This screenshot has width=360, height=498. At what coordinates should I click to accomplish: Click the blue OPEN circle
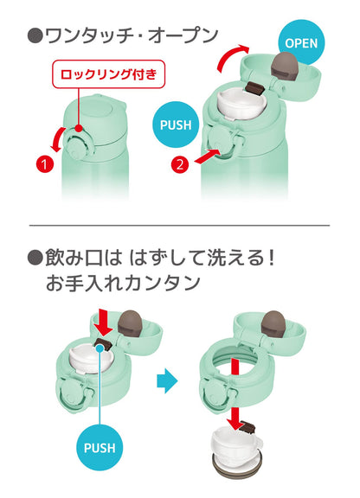tap(301, 42)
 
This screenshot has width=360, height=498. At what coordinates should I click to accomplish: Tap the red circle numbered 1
tap(44, 164)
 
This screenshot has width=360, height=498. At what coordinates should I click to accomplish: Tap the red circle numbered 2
tap(180, 164)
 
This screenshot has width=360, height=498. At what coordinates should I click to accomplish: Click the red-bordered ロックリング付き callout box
tap(108, 74)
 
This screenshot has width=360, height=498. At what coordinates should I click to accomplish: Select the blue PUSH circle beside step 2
tap(176, 124)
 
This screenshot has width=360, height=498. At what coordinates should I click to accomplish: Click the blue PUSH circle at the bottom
tap(100, 448)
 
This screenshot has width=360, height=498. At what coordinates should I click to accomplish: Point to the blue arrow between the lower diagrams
tap(167, 380)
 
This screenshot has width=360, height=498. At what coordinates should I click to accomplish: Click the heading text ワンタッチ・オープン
tap(131, 35)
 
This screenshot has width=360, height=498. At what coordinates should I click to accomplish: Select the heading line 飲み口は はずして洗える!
tap(159, 258)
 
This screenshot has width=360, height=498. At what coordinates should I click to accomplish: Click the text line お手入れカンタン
tap(124, 283)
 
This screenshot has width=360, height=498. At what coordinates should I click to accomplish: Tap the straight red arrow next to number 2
tap(207, 156)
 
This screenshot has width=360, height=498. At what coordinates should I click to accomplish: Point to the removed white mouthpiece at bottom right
tap(237, 448)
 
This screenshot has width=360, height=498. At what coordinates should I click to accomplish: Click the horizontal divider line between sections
tap(179, 226)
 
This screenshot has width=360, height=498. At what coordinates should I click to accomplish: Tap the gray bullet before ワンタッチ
tap(35, 36)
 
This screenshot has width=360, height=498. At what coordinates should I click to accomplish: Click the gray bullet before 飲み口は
tap(35, 258)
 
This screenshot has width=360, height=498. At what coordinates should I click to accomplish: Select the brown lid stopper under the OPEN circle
tap(285, 65)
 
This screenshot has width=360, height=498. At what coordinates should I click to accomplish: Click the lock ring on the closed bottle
tap(77, 144)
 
